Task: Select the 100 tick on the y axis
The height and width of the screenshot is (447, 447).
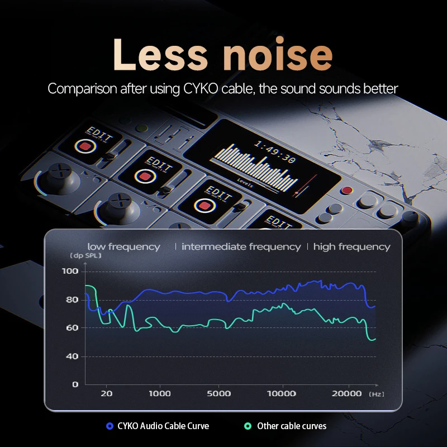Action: pyautogui.click(x=71, y=272)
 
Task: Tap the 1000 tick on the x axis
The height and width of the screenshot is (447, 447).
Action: pyautogui.click(x=160, y=393)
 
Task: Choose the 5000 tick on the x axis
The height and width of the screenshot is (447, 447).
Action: pyautogui.click(x=219, y=393)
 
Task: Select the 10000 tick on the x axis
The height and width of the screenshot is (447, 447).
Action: pyautogui.click(x=280, y=393)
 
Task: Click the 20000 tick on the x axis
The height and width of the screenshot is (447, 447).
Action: pyautogui.click(x=347, y=393)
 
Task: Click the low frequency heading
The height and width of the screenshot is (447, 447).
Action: pyautogui.click(x=123, y=246)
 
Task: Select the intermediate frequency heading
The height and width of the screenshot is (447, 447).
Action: pyautogui.click(x=241, y=246)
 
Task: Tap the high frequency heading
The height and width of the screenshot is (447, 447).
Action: pyautogui.click(x=352, y=246)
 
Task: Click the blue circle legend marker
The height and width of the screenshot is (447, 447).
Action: pyautogui.click(x=110, y=426)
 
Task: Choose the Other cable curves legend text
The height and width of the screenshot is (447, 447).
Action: pyautogui.click(x=292, y=426)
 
